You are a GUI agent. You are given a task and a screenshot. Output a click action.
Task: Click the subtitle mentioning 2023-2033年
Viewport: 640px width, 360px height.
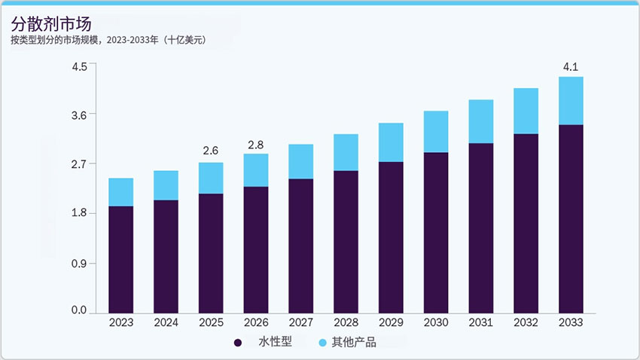click(108, 39)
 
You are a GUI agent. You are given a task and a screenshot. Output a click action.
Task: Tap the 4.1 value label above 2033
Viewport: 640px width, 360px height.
click(571, 68)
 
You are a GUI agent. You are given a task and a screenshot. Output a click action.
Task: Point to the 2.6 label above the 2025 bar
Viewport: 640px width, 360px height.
click(211, 151)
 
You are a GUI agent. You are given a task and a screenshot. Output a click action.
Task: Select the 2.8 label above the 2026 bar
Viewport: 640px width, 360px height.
click(256, 145)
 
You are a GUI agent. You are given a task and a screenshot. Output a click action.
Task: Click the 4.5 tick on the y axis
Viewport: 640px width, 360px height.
click(79, 66)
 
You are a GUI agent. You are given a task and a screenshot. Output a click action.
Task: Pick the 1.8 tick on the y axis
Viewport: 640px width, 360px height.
click(79, 213)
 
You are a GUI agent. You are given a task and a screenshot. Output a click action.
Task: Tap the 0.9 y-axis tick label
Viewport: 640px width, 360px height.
click(79, 263)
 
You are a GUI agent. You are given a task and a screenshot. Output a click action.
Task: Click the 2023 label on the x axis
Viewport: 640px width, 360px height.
click(121, 322)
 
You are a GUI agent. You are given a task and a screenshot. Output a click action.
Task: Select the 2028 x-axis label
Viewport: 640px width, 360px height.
click(346, 322)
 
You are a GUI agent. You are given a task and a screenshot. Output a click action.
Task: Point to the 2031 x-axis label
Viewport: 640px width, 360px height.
click(480, 322)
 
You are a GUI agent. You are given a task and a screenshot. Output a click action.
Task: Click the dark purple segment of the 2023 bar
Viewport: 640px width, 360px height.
click(121, 259)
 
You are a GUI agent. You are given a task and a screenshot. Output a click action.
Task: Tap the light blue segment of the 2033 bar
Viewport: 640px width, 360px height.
click(571, 100)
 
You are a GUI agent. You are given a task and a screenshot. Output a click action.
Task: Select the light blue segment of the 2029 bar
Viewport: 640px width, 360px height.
click(391, 142)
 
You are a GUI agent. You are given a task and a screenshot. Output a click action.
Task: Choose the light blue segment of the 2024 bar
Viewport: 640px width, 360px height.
click(166, 185)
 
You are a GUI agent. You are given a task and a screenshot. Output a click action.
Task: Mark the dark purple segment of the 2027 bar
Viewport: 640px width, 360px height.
click(301, 246)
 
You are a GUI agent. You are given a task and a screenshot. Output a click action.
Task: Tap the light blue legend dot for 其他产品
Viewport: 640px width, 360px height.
click(322, 343)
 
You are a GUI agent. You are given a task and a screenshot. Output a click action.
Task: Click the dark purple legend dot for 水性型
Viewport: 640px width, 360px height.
click(239, 343)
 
